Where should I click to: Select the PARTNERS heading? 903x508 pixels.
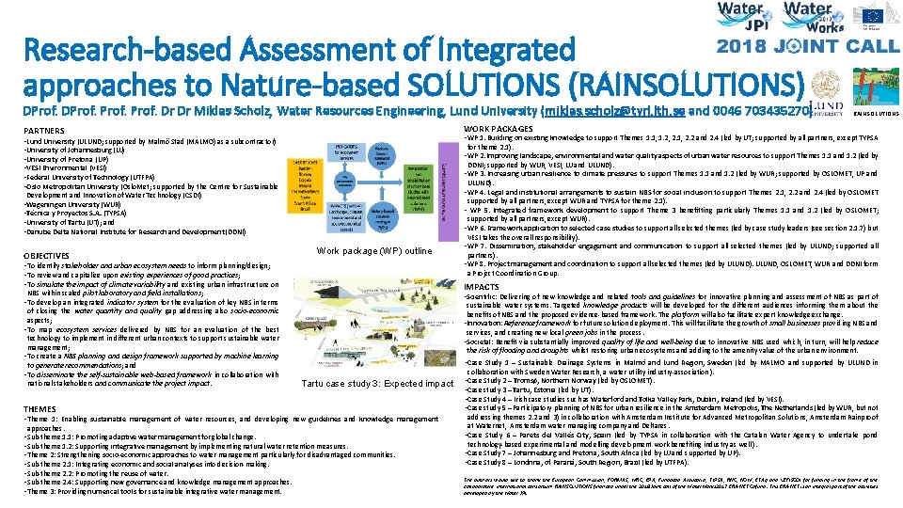coord(44,130)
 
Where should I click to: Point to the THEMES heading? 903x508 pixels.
coord(40,408)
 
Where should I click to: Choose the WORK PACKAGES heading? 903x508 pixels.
coord(499,129)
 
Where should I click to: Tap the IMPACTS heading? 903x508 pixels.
coord(482,286)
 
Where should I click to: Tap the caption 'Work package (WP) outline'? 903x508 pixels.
coord(374,251)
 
